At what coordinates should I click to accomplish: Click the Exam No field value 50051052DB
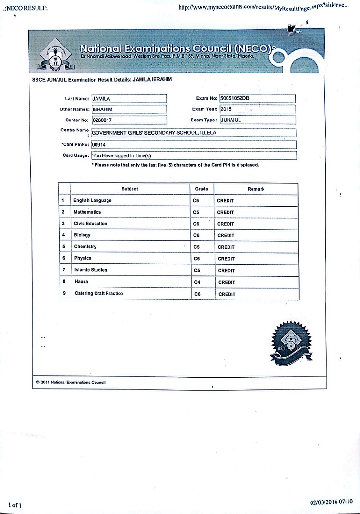(x=257, y=98)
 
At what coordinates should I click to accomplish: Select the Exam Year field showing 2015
(x=257, y=109)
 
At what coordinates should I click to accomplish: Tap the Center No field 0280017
(x=129, y=120)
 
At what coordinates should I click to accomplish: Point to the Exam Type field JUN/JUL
(x=257, y=120)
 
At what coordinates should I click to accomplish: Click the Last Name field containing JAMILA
(x=129, y=98)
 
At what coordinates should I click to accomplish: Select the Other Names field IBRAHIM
(x=129, y=109)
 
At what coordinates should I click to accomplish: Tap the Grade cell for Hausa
(x=201, y=282)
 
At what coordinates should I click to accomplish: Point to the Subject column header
(x=130, y=189)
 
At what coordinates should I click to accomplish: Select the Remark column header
(x=256, y=189)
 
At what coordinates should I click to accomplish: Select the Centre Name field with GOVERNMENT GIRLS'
(x=193, y=133)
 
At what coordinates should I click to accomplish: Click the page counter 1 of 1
(x=15, y=505)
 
